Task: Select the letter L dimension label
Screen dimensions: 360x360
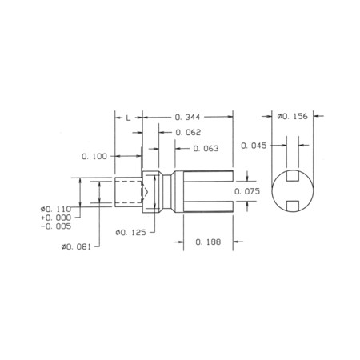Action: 128,117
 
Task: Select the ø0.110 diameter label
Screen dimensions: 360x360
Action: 55,210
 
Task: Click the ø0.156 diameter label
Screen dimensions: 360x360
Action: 293,117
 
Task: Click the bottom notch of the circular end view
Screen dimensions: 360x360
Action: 293,207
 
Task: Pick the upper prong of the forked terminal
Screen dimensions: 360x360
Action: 208,175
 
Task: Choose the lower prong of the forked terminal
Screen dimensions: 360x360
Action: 208,207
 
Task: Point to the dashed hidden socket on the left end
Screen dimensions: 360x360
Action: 130,192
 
